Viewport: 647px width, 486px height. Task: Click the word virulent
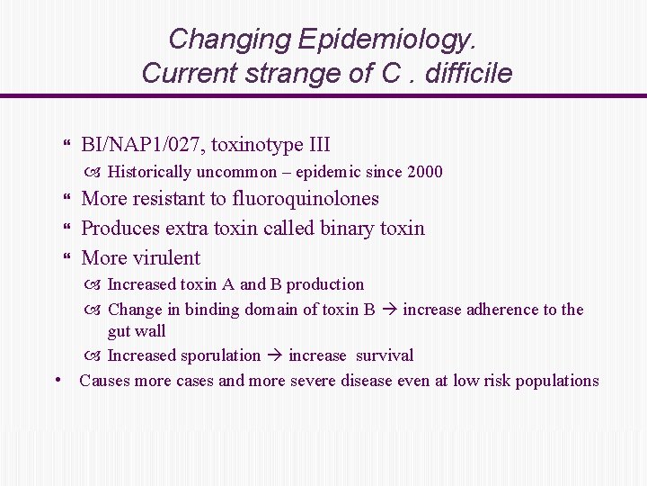point(166,258)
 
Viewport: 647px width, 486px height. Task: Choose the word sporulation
point(222,355)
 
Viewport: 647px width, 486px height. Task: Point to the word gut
point(120,332)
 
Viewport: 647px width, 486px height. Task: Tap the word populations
point(554,381)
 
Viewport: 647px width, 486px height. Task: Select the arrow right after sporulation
point(274,355)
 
